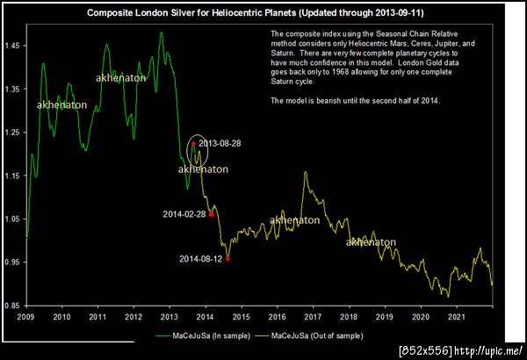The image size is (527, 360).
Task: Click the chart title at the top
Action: [x=263, y=14]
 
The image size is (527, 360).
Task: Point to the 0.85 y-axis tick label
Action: [x=15, y=305]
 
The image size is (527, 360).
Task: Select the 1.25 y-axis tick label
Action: [x=15, y=131]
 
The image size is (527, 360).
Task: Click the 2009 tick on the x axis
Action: [x=26, y=316]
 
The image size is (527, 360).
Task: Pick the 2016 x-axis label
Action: [x=278, y=316]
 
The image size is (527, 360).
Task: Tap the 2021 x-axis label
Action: [x=457, y=316]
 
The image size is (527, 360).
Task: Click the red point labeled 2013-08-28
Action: [x=193, y=143]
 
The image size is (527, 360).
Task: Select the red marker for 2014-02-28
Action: [x=211, y=213]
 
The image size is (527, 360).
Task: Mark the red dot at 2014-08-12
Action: [x=227, y=259]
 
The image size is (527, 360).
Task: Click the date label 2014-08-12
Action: [x=201, y=259]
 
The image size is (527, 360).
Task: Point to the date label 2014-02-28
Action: [x=184, y=213]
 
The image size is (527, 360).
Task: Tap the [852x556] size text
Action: [x=425, y=350]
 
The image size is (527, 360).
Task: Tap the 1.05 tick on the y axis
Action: [x=15, y=218]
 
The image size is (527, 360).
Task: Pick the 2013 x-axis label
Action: [x=170, y=316]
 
